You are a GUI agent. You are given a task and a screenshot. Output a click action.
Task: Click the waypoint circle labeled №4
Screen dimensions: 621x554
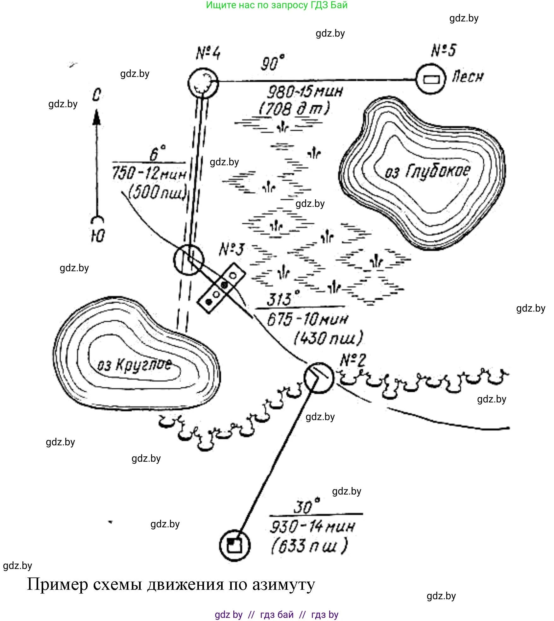pyautogui.click(x=203, y=83)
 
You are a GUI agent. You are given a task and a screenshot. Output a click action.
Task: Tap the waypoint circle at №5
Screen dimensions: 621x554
pyautogui.click(x=431, y=79)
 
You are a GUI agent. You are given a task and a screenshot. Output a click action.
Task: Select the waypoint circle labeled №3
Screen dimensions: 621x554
pyautogui.click(x=189, y=260)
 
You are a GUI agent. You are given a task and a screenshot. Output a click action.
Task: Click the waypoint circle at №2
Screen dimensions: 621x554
pyautogui.click(x=318, y=378)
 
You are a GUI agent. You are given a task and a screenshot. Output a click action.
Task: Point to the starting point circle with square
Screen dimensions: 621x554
pyautogui.click(x=235, y=545)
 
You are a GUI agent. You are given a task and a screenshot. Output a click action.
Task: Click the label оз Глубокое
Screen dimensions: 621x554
pyautogui.click(x=428, y=171)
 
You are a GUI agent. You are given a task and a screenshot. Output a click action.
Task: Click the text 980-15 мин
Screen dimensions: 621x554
pyautogui.click(x=305, y=92)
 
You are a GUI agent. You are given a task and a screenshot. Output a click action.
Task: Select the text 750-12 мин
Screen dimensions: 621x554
pyautogui.click(x=149, y=173)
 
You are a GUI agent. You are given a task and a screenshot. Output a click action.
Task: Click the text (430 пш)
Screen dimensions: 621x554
pyautogui.click(x=328, y=338)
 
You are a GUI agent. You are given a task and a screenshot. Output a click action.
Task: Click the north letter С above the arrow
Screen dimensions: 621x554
pyautogui.click(x=96, y=95)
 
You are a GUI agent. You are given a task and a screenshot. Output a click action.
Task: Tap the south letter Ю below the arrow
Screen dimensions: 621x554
pyautogui.click(x=98, y=235)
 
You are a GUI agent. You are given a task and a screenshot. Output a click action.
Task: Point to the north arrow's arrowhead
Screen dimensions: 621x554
pyautogui.click(x=96, y=117)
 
